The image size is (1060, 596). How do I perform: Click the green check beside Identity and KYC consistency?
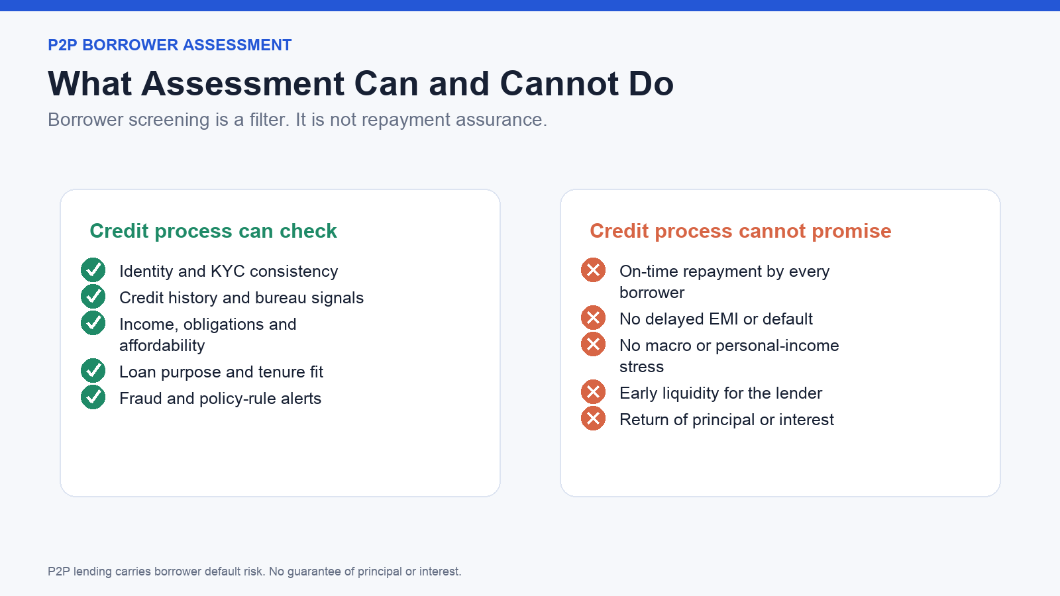point(93,270)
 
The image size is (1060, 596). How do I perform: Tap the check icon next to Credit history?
point(93,297)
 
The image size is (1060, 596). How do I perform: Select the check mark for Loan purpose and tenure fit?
point(93,371)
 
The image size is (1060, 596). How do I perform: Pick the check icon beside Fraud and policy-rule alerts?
point(93,397)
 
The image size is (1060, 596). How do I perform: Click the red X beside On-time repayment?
point(594,270)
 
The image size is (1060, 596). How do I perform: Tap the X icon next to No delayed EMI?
point(594,318)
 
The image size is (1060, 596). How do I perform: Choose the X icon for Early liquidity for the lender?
point(594,392)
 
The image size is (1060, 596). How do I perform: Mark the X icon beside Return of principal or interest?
point(594,419)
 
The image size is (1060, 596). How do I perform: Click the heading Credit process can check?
point(213,231)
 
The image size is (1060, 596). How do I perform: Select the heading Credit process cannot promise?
point(741,231)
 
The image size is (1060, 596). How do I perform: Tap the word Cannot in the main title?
point(559,83)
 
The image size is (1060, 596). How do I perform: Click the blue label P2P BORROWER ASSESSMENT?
point(170,45)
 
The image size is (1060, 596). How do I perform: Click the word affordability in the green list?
point(162,346)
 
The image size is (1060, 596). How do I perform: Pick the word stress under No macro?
point(642,367)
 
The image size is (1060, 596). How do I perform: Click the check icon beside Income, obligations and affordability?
point(93,323)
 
